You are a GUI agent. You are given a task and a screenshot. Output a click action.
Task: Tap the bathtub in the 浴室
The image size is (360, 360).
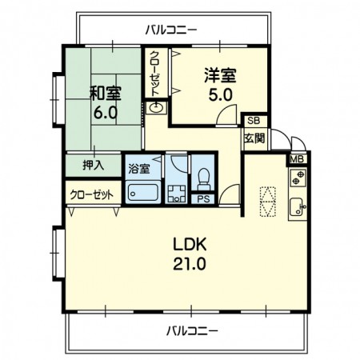point(143,192)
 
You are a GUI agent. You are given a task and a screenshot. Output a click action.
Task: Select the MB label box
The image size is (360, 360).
point(297,159)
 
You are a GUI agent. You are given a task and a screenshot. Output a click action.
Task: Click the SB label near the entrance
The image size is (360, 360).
point(254,121)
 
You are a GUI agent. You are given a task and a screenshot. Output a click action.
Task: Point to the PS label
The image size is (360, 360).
point(203,199)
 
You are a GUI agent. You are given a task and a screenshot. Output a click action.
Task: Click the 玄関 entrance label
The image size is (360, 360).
point(254,138)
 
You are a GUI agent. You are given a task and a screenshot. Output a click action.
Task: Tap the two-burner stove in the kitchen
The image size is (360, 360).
point(298,178)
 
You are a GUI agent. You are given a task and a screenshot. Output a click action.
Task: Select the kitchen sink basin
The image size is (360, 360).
point(298,207)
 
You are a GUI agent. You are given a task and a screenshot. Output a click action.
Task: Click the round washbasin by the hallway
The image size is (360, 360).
point(156,108)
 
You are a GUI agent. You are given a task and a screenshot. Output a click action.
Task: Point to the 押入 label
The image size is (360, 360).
point(94,166)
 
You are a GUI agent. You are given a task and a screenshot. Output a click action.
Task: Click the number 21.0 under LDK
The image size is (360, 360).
point(190,264)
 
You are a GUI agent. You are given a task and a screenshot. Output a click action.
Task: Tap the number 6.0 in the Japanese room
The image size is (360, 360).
point(106,113)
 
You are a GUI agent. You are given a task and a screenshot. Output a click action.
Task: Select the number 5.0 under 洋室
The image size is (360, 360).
point(220,95)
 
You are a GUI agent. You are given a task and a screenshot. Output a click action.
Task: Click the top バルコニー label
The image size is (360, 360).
point(171,30)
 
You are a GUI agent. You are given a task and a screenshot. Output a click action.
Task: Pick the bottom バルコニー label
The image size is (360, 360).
point(192,331)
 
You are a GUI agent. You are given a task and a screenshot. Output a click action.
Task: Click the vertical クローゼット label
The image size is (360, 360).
point(154,74)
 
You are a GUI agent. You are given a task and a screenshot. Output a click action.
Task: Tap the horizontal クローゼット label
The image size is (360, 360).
point(92,195)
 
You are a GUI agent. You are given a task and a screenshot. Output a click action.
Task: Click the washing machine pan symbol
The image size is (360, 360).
point(176,194)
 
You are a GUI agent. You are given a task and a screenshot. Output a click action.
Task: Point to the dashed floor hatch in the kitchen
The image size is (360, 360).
point(267,202)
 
